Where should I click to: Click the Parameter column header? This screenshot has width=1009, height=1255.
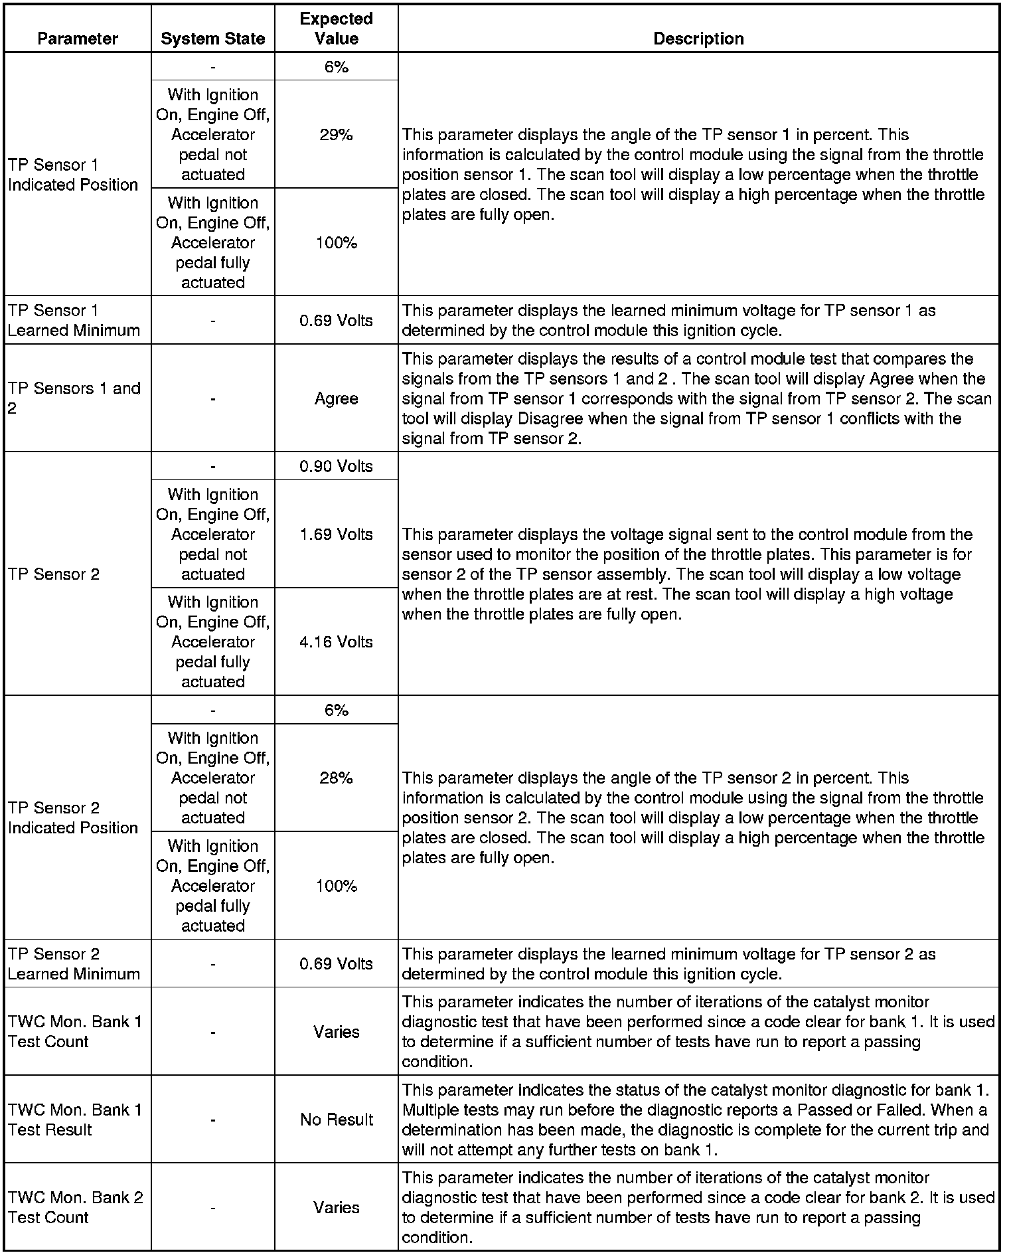78,39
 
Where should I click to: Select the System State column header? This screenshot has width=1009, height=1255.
212,39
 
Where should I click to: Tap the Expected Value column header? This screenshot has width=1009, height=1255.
336,29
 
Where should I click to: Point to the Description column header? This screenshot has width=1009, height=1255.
698,39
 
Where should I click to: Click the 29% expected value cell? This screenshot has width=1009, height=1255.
336,135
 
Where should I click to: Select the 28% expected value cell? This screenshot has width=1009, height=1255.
336,778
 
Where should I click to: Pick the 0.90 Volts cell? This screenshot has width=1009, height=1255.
336,466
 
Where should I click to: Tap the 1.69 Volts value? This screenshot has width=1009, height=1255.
336,535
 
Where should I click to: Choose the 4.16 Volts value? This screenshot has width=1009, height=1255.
336,642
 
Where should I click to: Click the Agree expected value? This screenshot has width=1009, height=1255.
336,398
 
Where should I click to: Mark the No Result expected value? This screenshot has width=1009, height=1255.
336,1120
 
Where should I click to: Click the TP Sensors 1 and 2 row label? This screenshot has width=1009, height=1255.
74,398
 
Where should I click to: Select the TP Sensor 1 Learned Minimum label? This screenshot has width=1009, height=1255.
74,320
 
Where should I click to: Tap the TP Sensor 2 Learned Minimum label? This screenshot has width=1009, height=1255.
74,963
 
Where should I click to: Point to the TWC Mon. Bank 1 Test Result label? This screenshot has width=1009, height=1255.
74,1120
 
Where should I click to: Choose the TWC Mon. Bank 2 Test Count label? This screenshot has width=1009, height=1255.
75,1207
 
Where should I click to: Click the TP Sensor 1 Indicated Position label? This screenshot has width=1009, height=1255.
73,175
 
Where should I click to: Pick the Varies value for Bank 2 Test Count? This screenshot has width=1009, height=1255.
336,1207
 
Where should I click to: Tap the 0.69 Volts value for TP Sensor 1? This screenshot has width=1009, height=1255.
336,320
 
